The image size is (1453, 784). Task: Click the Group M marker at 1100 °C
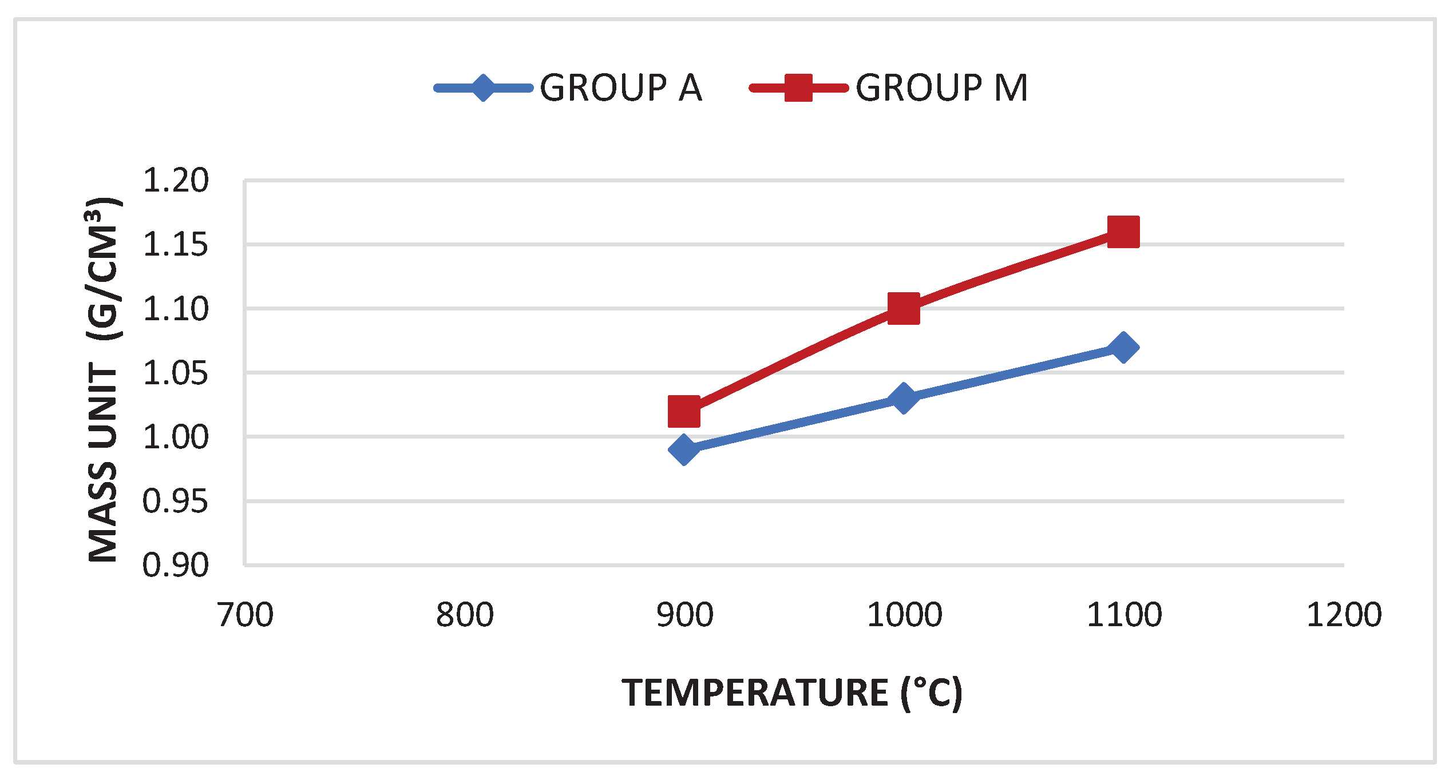(1123, 232)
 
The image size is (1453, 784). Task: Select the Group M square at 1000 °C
(904, 309)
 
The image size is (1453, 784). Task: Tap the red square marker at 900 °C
(684, 411)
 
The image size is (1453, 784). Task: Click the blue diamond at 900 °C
(684, 449)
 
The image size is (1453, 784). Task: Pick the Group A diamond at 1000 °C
(904, 398)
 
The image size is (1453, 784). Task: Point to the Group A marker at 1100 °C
(1123, 347)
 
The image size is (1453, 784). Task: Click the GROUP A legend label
(620, 88)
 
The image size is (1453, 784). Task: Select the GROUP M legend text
(941, 88)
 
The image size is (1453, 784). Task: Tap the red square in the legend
(798, 88)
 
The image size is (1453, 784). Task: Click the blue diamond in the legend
(483, 88)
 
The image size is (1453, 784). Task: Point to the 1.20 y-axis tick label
(176, 181)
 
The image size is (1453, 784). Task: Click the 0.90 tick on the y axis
(176, 565)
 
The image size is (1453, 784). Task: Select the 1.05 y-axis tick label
(176, 373)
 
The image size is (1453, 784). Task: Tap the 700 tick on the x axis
(246, 615)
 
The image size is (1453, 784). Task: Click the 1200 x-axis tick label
(1344, 615)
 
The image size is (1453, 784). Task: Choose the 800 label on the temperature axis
(465, 615)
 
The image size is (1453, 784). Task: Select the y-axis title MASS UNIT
(104, 463)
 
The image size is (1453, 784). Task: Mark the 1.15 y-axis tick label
(176, 245)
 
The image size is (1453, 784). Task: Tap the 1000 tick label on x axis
(904, 615)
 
